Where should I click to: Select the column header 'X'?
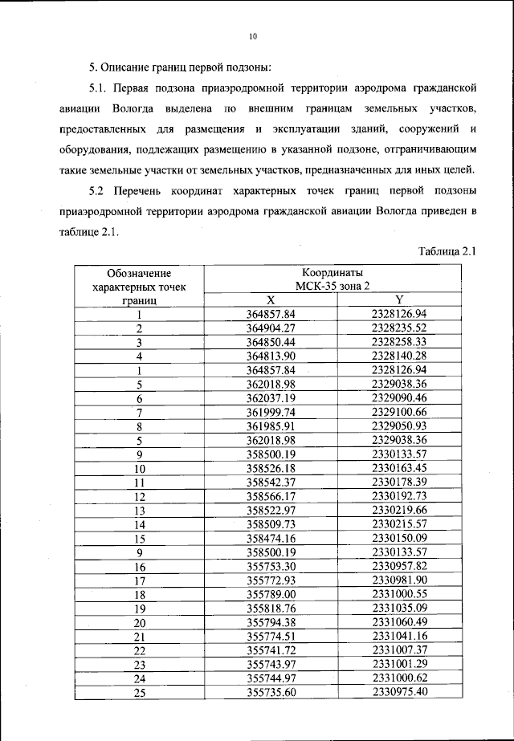(x=271, y=299)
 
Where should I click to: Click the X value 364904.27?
(x=271, y=327)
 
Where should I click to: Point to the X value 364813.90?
(x=271, y=355)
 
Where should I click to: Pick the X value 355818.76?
(x=271, y=608)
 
